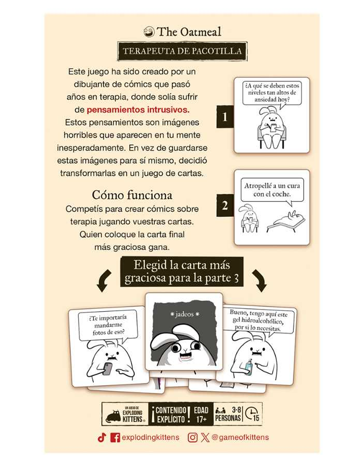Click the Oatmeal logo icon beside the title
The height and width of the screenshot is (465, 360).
(149, 32)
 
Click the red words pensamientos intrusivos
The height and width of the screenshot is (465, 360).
(138, 109)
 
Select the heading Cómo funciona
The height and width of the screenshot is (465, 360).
(132, 195)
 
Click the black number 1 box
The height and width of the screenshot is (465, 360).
(225, 117)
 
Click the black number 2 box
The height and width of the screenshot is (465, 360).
(225, 205)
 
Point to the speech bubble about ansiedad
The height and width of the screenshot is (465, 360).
(271, 93)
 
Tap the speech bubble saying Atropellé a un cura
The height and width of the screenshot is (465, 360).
(272, 190)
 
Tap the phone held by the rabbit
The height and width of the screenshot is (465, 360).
(108, 368)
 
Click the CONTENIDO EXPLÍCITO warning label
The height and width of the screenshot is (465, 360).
(171, 414)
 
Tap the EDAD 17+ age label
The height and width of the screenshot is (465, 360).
(201, 414)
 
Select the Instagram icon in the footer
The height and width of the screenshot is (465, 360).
(192, 438)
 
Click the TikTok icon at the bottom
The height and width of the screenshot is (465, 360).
(102, 438)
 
